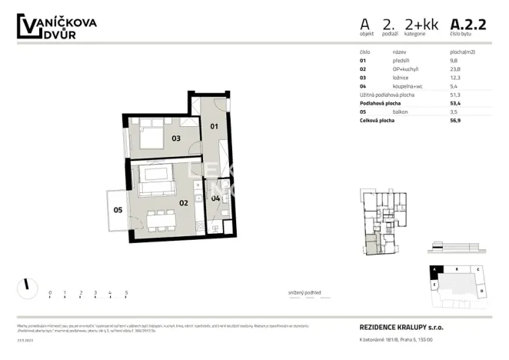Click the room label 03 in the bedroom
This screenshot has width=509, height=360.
175,138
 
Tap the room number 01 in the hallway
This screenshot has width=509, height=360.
215,125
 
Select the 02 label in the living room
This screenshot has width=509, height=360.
184,203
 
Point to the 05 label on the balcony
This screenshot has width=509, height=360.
118,209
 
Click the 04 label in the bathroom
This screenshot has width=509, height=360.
216,198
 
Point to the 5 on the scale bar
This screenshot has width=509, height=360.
125,293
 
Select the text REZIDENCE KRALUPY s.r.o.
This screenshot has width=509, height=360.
401,327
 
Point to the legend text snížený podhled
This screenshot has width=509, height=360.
304,293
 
